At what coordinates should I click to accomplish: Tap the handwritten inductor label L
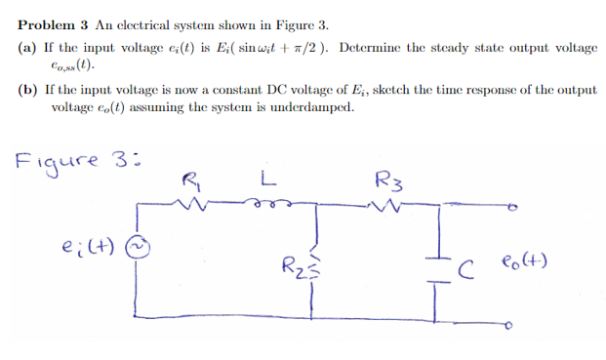tap(265, 179)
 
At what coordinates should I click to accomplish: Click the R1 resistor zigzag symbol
tap(194, 204)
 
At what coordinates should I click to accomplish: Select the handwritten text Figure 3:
tap(68, 158)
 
